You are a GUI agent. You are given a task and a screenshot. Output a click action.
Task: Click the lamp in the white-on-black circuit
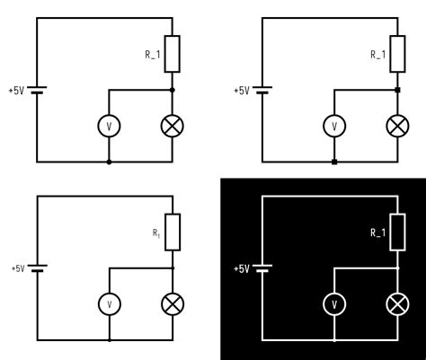397,304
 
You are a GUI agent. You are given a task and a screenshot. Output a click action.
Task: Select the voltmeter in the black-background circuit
334,304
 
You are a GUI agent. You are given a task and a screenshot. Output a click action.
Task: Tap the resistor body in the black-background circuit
397,233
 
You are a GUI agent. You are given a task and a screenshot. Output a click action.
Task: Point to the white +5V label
242,268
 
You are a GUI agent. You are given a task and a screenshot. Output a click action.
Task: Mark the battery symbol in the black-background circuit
262,268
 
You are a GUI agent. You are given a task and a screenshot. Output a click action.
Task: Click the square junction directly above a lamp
397,90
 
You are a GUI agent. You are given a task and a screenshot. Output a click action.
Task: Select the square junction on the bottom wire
334,162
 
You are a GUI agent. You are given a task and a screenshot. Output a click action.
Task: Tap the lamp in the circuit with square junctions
397,126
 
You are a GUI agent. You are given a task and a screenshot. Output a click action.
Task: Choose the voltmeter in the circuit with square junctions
334,126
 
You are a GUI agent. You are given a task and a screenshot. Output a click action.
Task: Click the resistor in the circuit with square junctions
397,54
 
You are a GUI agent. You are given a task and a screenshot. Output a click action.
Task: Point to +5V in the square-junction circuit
242,91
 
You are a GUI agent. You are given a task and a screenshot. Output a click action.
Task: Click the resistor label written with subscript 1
155,233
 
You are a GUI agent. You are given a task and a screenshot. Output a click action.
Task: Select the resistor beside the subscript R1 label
172,233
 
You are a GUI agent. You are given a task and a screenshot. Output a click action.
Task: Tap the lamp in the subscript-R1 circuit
172,304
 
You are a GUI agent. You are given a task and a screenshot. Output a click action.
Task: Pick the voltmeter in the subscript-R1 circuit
109,304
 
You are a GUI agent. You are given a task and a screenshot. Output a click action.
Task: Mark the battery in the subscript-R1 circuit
36,268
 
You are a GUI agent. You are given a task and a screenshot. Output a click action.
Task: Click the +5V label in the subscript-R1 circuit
17,268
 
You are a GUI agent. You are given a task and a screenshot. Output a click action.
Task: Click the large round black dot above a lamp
172,90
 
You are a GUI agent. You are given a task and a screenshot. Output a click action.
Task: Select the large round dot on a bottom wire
109,162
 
